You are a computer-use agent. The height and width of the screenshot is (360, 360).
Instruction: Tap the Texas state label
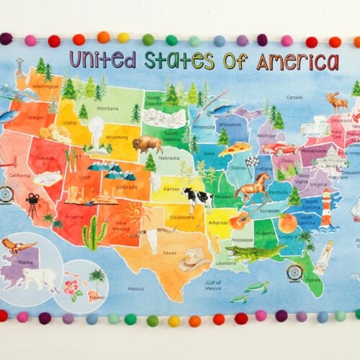[x=170, y=253]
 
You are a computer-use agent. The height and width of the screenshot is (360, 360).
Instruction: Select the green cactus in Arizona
[x=94, y=233]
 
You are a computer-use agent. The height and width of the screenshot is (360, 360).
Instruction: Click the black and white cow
[x=197, y=197]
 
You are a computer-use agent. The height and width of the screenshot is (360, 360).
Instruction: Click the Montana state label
[x=108, y=108]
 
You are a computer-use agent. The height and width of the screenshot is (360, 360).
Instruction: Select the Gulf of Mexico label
[x=212, y=284]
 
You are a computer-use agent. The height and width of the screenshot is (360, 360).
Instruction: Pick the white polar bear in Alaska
[x=38, y=278]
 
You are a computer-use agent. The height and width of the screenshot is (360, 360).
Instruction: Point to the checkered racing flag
[x=251, y=164]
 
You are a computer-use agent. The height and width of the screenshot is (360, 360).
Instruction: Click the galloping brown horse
[x=251, y=189]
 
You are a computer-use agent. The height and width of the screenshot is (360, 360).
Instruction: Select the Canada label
[x=294, y=97]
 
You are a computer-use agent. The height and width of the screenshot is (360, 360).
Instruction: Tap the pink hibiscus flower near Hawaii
[x=72, y=285]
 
